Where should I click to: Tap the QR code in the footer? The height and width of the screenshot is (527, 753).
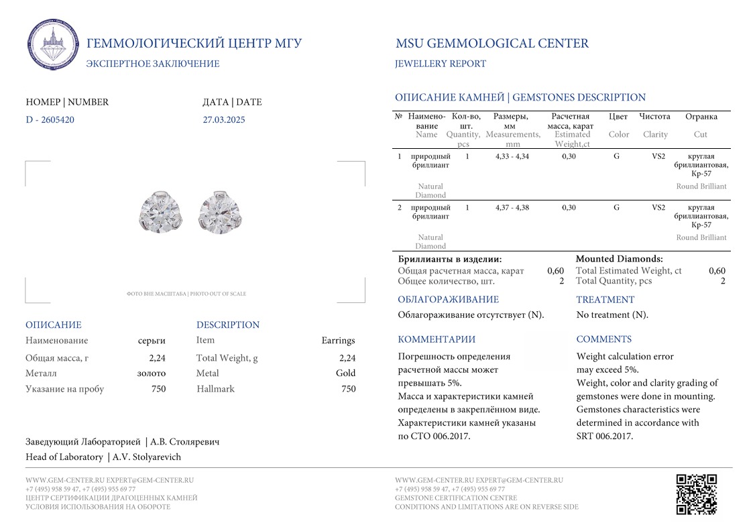coord(696,493)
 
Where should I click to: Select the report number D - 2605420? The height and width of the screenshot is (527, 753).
coord(50,120)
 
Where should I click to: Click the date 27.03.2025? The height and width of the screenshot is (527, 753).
coord(224,120)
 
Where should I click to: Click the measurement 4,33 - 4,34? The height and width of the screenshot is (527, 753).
coord(512,156)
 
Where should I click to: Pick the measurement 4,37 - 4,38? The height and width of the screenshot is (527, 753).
coord(512,207)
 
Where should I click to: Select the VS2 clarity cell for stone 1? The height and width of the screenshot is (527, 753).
coord(658,156)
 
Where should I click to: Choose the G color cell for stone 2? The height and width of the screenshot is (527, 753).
coord(616,207)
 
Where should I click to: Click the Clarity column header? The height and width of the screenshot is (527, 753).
coord(655,134)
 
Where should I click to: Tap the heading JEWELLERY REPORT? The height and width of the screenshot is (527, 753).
coord(441,64)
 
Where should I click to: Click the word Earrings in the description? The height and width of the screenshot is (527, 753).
coord(338,341)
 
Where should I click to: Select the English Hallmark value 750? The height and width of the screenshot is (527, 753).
coord(349,389)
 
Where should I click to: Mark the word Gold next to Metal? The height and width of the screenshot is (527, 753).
coord(345,373)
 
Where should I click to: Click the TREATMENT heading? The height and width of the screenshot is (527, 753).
coord(605,300)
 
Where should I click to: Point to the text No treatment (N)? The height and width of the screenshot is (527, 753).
coord(612,314)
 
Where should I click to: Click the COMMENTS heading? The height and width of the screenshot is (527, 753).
coord(603,339)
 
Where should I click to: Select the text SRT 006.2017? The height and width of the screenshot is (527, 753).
coord(604,436)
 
